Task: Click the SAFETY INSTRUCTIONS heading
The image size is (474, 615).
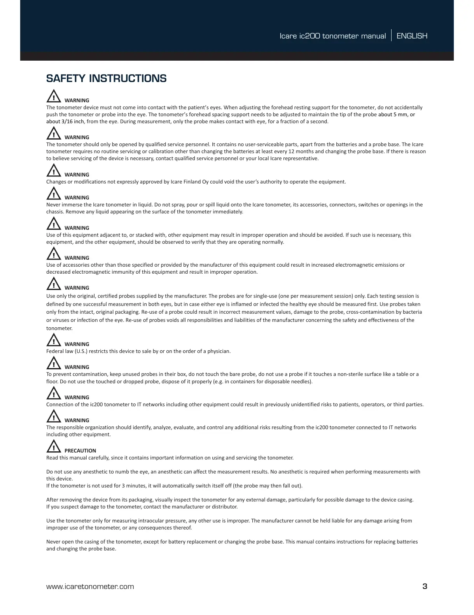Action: coord(106,79)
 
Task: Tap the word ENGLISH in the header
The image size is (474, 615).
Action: coord(412,36)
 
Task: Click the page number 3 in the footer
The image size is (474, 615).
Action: coord(425,587)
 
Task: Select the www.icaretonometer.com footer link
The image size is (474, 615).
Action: coord(90,587)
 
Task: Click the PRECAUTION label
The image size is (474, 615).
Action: coord(80,451)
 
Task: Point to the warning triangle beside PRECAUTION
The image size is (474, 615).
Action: coord(53,447)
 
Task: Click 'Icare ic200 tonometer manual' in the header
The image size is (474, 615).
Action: coord(332,36)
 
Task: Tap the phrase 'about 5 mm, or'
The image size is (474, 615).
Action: coord(397,114)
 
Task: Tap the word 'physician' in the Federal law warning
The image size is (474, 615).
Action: coord(219,351)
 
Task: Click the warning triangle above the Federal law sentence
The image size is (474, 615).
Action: coord(53,340)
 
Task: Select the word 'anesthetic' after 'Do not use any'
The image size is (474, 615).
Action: coord(95,472)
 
